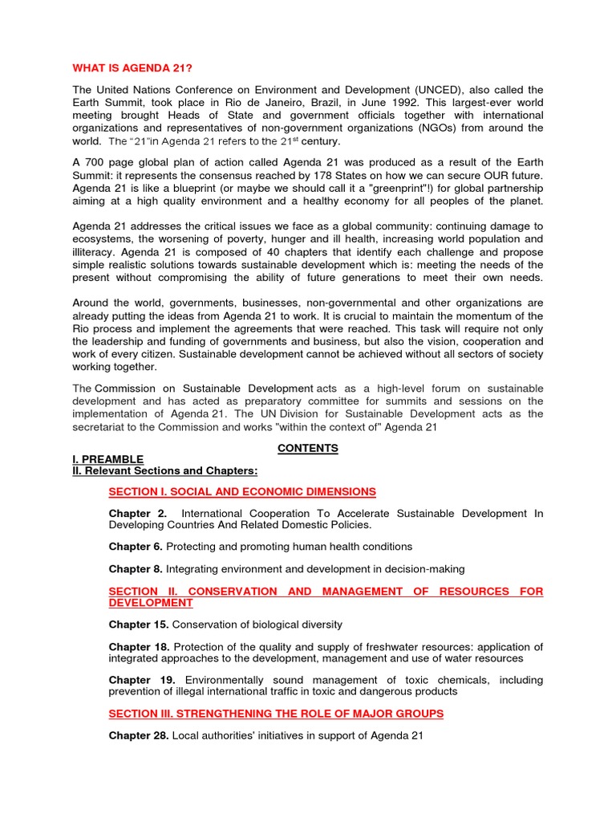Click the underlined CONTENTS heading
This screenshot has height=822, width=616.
pyautogui.click(x=307, y=448)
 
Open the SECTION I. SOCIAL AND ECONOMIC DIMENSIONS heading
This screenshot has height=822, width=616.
pyautogui.click(x=242, y=491)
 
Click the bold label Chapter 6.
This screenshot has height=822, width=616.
pyautogui.click(x=136, y=547)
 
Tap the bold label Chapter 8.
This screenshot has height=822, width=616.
pyautogui.click(x=136, y=569)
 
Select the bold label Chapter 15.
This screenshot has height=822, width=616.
pyautogui.click(x=139, y=625)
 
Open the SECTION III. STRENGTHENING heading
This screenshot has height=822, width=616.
pyautogui.click(x=276, y=714)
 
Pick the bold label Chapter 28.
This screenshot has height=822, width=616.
pyautogui.click(x=139, y=736)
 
